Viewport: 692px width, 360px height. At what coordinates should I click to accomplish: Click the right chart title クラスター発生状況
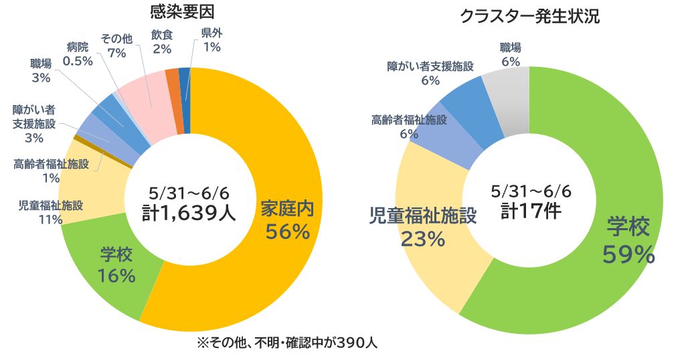coord(529,17)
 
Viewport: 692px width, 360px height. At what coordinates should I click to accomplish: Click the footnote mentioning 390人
coord(288,343)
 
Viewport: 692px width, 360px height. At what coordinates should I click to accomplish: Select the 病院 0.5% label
coord(78,54)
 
